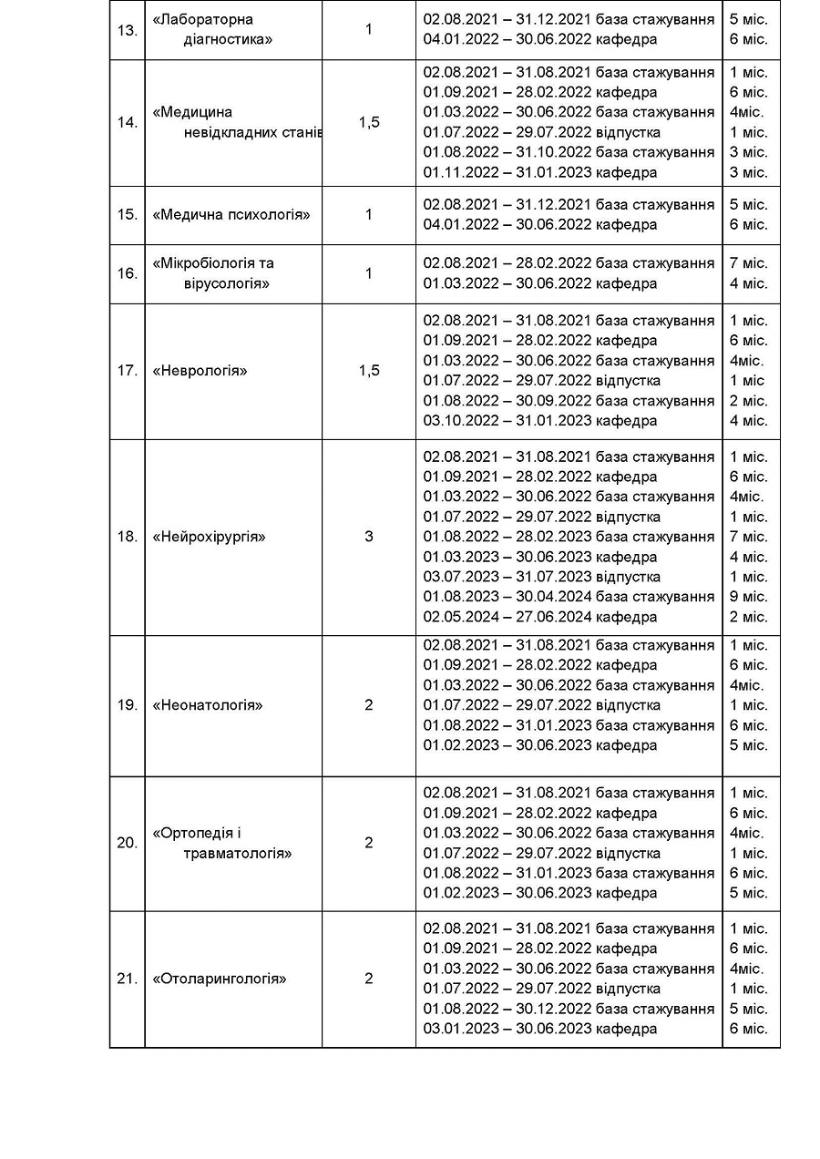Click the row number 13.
[127, 30]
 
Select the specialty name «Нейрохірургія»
[210, 537]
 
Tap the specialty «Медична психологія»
[231, 215]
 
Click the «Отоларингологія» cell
[220, 980]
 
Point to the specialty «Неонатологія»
[208, 705]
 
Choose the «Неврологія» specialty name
[200, 371]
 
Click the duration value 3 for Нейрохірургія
[369, 537]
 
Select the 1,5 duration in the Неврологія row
[369, 371]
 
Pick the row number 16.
[127, 273]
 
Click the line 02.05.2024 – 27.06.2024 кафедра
[540, 617]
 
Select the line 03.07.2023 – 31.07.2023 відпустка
[542, 577]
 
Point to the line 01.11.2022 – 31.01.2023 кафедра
[540, 172]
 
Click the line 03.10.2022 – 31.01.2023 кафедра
[540, 421]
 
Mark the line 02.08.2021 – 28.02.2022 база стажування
[569, 263]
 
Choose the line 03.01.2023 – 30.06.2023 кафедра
[540, 1029]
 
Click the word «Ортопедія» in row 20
[196, 833]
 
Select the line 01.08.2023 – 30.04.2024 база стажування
[569, 597]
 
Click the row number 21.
[127, 980]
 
